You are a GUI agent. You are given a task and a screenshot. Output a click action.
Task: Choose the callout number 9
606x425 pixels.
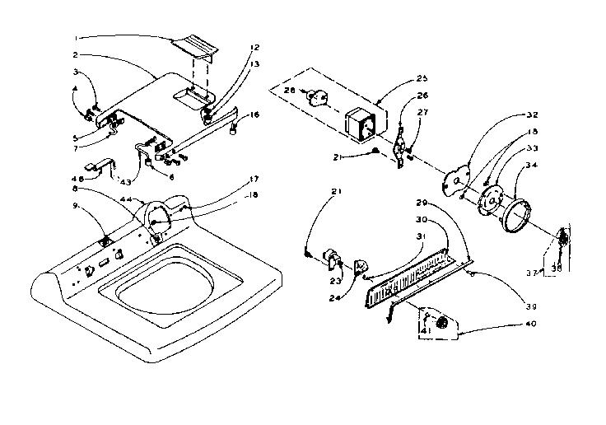tap(76, 206)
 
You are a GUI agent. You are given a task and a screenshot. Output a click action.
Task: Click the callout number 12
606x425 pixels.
tap(232, 47)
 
